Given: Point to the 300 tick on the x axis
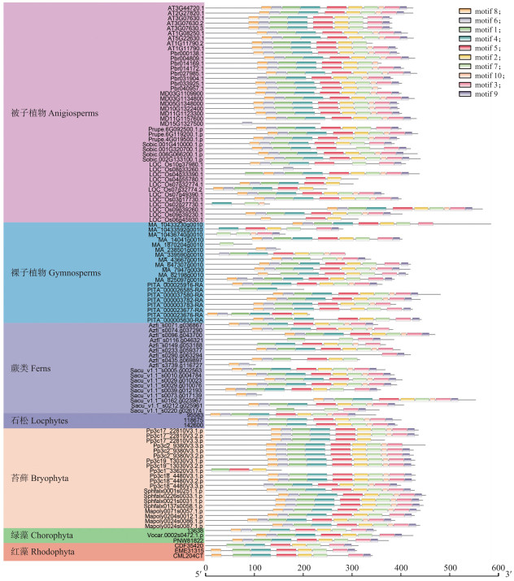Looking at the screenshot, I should (x=352, y=567).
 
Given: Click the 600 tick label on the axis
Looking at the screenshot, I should (x=499, y=567).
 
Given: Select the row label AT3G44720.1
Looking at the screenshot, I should (x=178, y=7).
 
